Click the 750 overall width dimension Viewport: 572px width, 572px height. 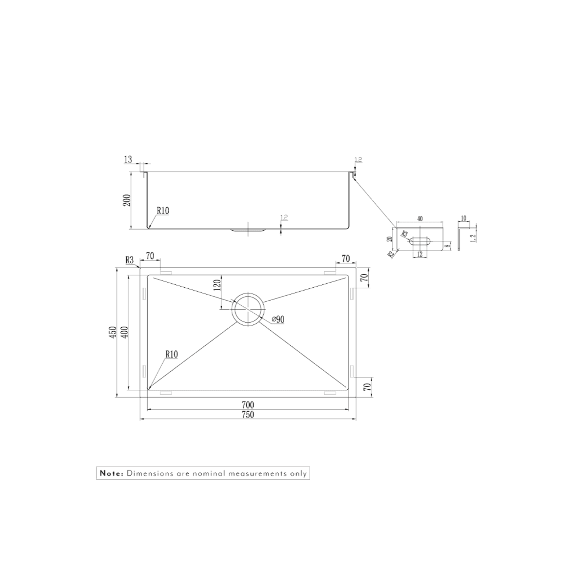coord(248,415)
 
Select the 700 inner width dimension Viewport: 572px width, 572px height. coord(248,405)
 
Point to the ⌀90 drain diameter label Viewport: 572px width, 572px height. coord(278,319)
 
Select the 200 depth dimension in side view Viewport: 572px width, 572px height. coord(127,200)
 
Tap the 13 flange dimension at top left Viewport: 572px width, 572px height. coord(128,159)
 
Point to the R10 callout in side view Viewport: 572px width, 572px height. coord(163,211)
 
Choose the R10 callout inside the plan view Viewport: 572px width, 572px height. coord(172,355)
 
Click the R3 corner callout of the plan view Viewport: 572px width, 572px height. coord(129,260)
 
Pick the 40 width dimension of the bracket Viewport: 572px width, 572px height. coord(419,219)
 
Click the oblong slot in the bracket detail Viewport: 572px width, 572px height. coord(420,241)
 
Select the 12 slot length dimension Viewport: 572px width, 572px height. coord(419,254)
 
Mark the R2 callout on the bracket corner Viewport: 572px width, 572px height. coord(391,254)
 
